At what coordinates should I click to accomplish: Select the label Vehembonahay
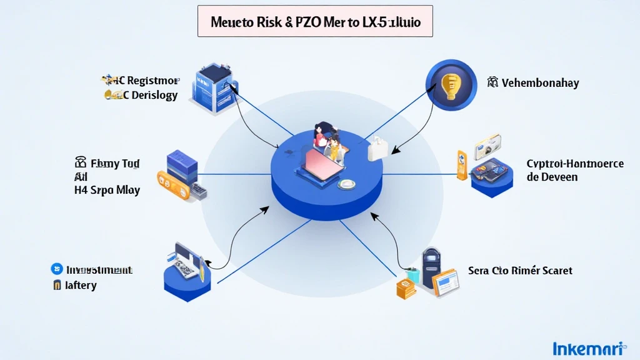coord(540,83)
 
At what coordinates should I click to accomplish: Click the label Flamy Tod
coord(116,164)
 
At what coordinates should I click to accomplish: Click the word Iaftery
coord(81,286)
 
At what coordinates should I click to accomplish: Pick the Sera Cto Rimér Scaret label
coord(520,271)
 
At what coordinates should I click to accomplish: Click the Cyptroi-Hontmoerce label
coord(574,164)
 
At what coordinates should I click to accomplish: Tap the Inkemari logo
coord(589,347)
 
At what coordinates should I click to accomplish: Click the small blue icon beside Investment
coord(56,269)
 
